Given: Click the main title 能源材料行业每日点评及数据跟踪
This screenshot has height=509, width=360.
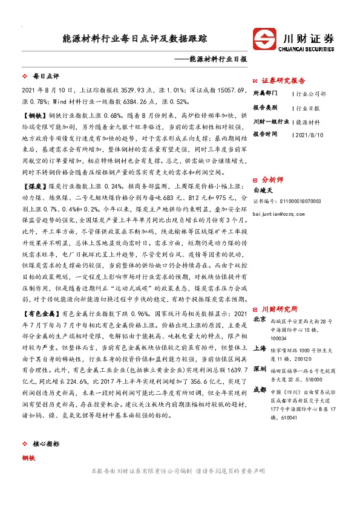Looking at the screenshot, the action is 134,38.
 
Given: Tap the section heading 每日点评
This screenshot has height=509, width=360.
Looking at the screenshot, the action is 45,77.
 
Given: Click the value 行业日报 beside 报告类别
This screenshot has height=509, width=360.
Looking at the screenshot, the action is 308,108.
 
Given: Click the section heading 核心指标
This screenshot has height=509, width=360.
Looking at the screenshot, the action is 47,444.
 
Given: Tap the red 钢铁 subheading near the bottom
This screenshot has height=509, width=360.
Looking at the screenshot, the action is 28,458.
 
